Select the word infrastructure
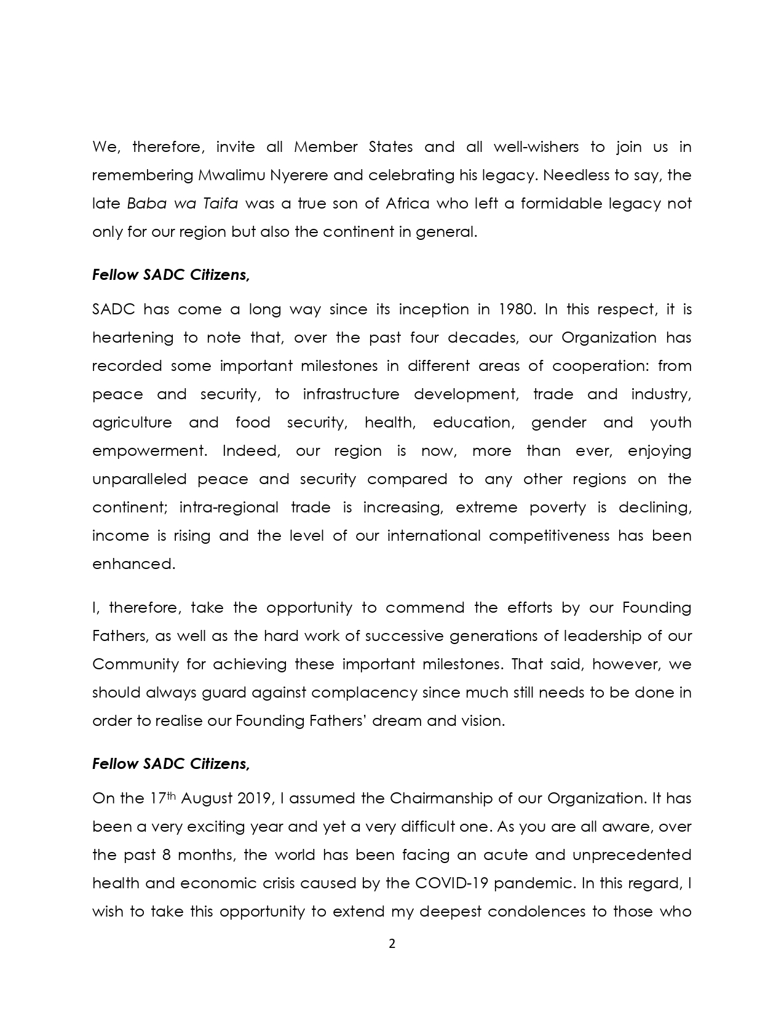pos(351,394)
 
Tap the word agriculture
pos(132,423)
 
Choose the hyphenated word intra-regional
pos(228,507)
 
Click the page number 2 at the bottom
pos(392,944)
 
